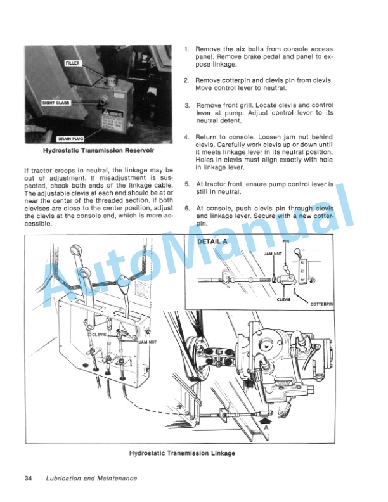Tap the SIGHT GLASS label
56,102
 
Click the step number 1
186,49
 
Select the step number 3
186,105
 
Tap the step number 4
186,138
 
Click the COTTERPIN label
322,304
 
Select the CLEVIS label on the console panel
100,334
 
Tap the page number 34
28,478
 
